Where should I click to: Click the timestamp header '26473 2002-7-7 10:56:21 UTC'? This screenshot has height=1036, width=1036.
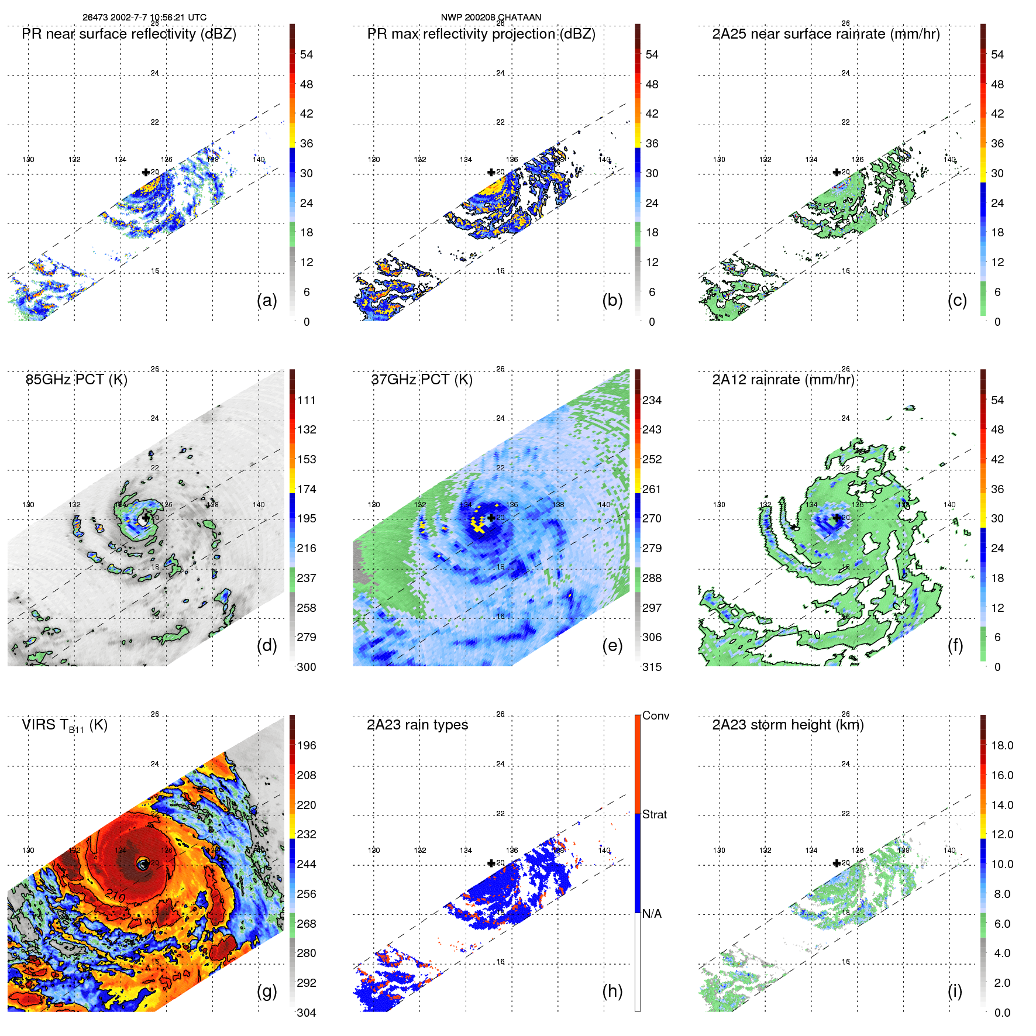coord(144,18)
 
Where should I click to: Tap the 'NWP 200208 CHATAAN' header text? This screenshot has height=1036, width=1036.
coord(491,18)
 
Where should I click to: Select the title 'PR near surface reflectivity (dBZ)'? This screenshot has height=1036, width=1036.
coord(129,34)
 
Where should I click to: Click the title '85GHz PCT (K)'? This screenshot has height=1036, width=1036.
coord(76,380)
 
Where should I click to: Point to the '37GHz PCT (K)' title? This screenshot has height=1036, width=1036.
coord(422,380)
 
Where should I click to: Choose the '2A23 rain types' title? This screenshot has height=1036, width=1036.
coord(417,725)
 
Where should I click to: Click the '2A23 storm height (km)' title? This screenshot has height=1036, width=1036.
coord(787,725)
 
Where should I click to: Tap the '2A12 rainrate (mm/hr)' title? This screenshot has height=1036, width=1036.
coord(783,380)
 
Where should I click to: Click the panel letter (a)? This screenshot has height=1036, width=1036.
coord(267,300)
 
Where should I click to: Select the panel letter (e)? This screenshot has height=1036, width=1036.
coord(612,645)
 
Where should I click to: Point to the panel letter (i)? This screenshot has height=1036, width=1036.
coord(955,991)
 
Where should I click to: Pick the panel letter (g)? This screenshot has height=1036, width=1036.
coord(267,991)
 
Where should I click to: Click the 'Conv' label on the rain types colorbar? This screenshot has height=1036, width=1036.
coord(656,715)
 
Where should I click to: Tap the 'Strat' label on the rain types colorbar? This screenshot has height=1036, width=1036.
coord(655,814)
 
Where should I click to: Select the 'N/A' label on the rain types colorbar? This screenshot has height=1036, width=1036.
coord(652,914)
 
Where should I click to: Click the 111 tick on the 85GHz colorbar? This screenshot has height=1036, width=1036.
coord(307,401)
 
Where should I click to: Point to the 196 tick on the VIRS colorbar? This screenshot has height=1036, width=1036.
coord(307,746)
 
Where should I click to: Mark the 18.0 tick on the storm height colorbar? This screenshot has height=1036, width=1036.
coord(1002,746)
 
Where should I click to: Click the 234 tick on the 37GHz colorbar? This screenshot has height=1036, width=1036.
coord(652,401)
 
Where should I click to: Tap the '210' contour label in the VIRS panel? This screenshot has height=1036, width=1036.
coord(116,894)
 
